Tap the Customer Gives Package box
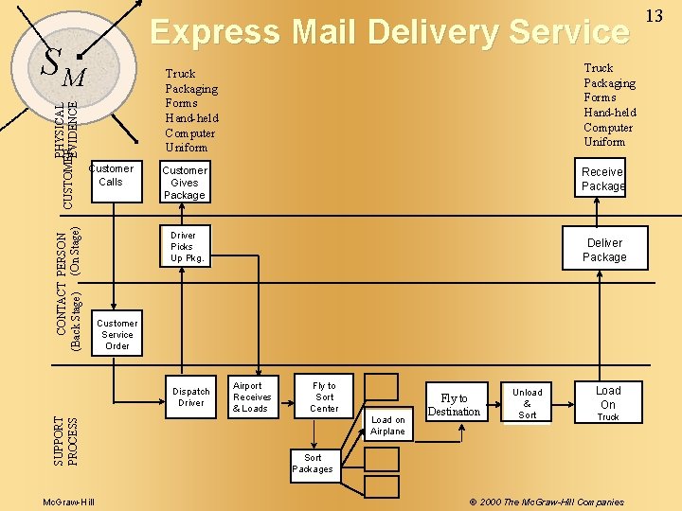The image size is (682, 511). coord(184,183)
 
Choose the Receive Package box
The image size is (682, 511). coord(602,179)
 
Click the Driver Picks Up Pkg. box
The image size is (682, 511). coord(186,247)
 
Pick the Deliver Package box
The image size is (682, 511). coord(604,250)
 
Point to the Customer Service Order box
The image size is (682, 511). coord(117,334)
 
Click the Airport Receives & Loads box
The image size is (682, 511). coord(251,397)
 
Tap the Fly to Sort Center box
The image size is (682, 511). coord(324,397)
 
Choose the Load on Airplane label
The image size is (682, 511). coord(387,425)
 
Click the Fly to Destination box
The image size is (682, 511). coord(455,405)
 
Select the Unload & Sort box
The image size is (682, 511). coord(528,403)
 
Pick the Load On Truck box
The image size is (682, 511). coord(608,403)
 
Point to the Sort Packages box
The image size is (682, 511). coord(313,463)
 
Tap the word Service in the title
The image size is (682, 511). coord(569,32)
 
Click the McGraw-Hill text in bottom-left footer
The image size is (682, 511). coord(68,502)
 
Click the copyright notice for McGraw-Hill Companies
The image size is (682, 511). coord(547,502)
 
